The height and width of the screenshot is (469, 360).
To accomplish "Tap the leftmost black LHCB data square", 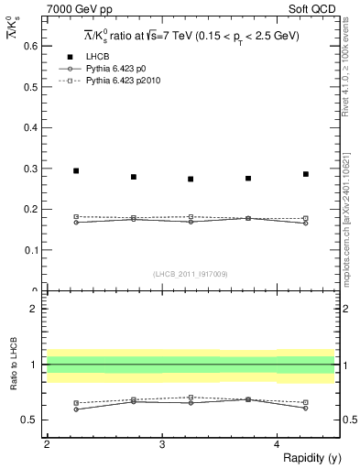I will (76, 170).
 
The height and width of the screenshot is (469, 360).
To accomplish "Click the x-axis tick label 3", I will (162, 443).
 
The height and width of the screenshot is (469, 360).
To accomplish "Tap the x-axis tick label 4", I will (278, 443).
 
